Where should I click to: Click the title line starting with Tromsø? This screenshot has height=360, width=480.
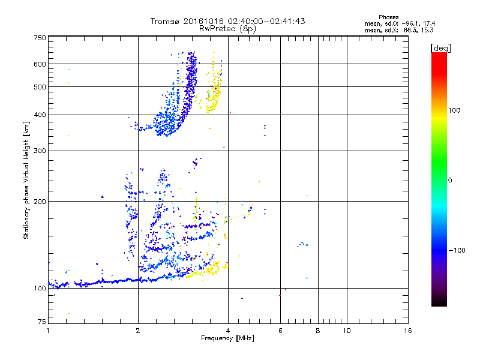pyautogui.click(x=227, y=21)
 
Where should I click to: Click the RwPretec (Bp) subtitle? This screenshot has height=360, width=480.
pyautogui.click(x=227, y=28)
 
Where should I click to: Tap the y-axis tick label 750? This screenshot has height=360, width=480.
pyautogui.click(x=39, y=38)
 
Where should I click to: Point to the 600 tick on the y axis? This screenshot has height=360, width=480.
pyautogui.click(x=39, y=64)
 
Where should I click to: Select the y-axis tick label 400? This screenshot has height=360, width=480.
pyautogui.click(x=39, y=115)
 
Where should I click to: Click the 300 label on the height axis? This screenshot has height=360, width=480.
pyautogui.click(x=39, y=151)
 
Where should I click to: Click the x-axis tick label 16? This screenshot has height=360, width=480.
pyautogui.click(x=407, y=331)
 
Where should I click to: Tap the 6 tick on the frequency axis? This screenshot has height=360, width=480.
pyautogui.click(x=280, y=331)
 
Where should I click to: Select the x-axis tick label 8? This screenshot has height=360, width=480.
pyautogui.click(x=318, y=331)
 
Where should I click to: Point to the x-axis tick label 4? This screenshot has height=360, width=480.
pyautogui.click(x=228, y=331)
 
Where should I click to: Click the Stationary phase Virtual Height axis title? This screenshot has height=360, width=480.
pyautogui.click(x=26, y=180)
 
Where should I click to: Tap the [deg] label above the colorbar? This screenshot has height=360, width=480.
pyautogui.click(x=441, y=47)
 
